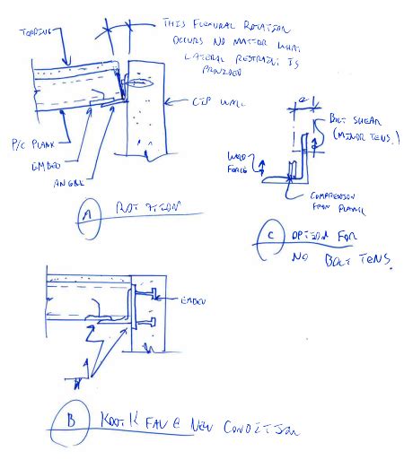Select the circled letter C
coord(268,235)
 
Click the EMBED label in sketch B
coord(195,301)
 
